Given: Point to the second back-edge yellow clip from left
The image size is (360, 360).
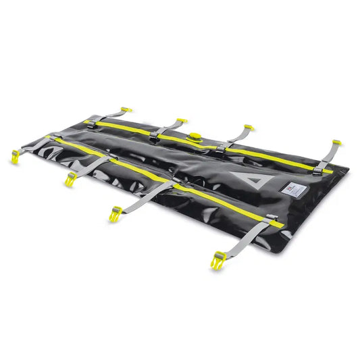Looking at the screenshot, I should pos(181,122).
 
